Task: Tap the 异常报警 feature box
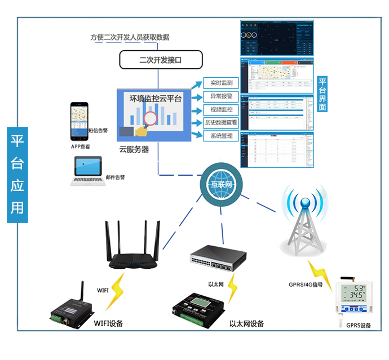222,96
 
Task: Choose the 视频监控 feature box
222,109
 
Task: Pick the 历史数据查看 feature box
222,122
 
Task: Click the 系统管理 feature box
222,136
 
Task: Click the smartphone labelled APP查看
79,122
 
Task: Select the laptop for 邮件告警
86,171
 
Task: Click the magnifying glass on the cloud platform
151,118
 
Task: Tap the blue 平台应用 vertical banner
17,175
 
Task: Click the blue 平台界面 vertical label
322,94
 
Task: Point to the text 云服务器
134,149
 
